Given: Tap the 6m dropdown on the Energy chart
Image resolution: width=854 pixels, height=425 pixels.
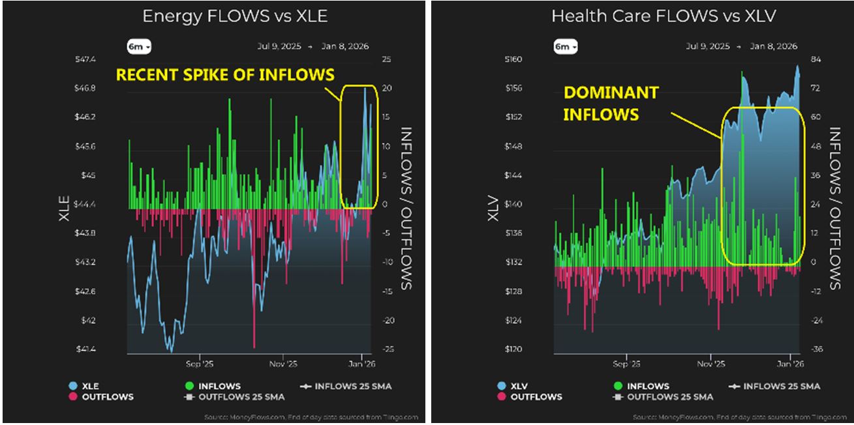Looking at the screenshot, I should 139,47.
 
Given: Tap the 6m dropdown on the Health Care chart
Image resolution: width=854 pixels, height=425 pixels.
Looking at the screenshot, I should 565,47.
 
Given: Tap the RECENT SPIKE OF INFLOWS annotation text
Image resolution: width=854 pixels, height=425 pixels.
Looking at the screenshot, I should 224,75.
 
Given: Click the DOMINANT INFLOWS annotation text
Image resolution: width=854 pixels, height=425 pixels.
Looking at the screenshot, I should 610,103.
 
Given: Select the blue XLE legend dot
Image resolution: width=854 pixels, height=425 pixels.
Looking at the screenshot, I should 72,386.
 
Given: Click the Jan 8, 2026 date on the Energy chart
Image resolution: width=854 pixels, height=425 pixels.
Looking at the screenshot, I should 344,47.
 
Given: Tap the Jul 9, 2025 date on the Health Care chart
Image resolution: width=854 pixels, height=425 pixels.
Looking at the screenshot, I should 707,47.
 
